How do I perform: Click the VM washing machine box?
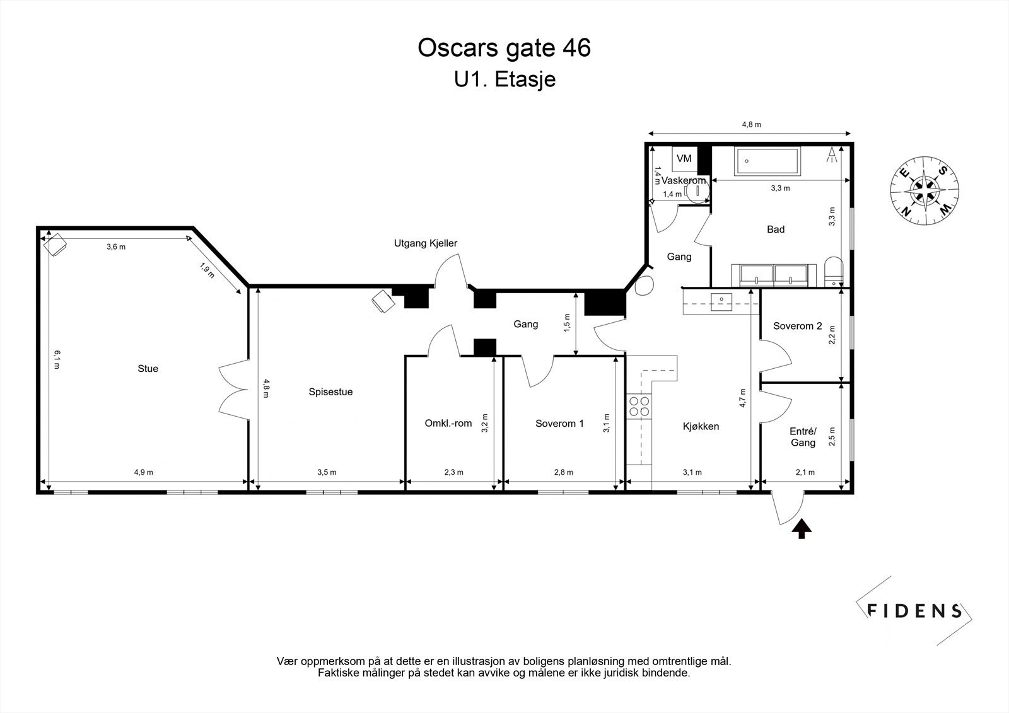click(684, 158)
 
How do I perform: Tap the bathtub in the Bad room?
click(767, 161)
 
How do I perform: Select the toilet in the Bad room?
click(834, 272)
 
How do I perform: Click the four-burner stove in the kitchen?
click(639, 406)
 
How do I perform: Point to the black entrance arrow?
click(802, 529)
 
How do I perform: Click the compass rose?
click(924, 190)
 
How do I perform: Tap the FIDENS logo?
click(914, 611)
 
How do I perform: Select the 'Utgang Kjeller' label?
click(426, 243)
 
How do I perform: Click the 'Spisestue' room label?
click(330, 392)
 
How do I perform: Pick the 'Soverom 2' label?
click(798, 326)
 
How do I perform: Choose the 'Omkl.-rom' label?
click(448, 424)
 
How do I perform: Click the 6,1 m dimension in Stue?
click(57, 359)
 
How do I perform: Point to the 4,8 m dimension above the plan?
click(752, 124)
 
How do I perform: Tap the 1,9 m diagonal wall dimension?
click(207, 270)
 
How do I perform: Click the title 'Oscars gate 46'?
click(504, 48)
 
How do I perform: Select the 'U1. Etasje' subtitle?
click(504, 79)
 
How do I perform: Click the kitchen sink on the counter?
click(721, 302)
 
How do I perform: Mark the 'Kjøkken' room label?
click(701, 426)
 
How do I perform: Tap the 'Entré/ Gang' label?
click(803, 437)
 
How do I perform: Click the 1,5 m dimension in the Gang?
click(567, 323)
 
